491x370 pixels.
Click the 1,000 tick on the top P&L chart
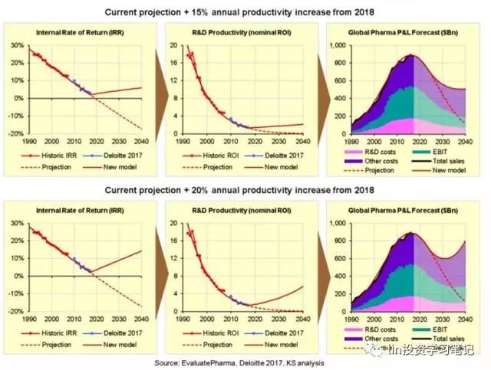point(339,46)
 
